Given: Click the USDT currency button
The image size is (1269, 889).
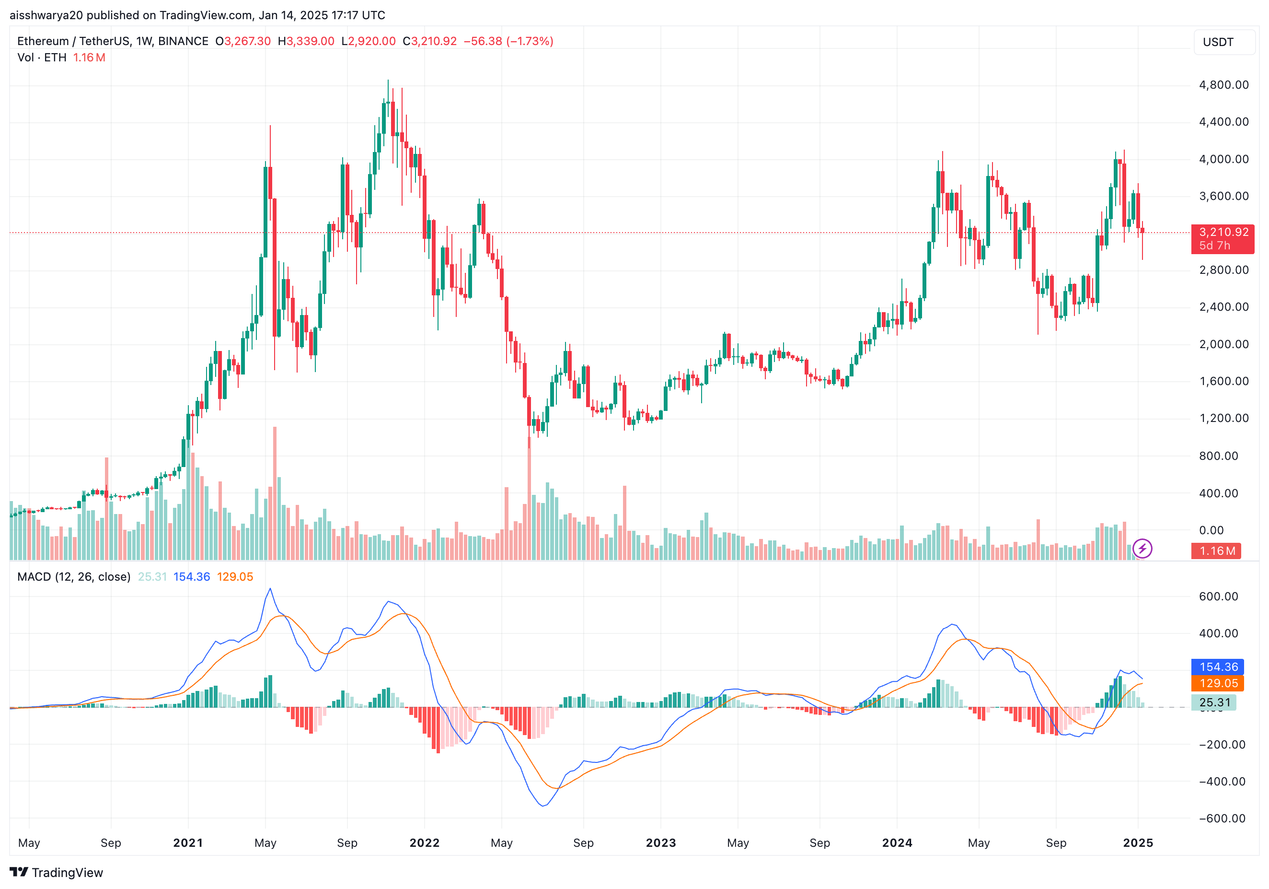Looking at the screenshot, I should tap(1218, 42).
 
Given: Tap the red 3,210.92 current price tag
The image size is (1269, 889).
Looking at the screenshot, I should tap(1223, 238).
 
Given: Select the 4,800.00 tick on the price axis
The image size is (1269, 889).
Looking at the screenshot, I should tap(1223, 84).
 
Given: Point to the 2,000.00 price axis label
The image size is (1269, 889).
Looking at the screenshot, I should tap(1223, 344).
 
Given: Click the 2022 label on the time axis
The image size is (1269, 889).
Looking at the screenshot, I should tap(424, 842).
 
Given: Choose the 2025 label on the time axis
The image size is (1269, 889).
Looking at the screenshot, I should tap(1138, 842).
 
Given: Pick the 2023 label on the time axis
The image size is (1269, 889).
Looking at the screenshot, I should tap(660, 842).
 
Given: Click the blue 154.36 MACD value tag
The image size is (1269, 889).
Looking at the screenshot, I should tap(1218, 667).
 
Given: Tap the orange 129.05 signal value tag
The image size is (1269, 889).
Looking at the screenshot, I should tap(1218, 683).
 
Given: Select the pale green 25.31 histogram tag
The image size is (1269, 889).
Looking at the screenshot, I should tap(1214, 702).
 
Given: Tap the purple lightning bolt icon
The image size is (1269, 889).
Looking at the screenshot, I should tap(1142, 549).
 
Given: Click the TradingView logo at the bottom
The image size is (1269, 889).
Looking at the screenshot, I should tap(57, 872).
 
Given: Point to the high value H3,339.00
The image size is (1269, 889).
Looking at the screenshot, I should tap(306, 41).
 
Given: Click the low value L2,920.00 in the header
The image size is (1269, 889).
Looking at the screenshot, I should tap(368, 41).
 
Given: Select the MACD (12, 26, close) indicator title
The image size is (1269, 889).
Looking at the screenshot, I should tap(73, 577).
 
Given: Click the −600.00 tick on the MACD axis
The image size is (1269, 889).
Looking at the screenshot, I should tap(1222, 818).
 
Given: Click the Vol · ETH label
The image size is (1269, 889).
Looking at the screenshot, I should tap(41, 58).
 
